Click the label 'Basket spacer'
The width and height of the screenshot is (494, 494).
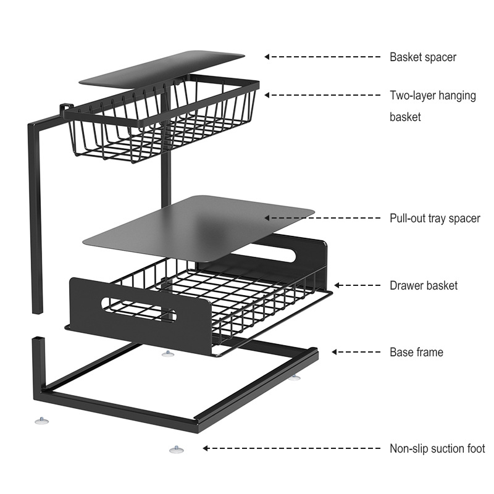(422, 57)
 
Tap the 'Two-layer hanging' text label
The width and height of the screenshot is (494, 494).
(432, 96)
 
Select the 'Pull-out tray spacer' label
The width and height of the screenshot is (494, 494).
(434, 218)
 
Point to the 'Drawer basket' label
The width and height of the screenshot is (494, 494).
(423, 285)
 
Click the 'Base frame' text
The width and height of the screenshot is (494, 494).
(416, 353)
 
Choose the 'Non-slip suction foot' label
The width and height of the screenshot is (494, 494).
(437, 449)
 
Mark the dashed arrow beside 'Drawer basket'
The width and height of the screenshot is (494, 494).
(357, 285)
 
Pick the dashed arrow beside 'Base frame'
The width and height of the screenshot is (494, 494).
(356, 352)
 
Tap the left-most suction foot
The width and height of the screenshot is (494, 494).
(41, 421)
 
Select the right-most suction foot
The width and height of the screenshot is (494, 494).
(295, 376)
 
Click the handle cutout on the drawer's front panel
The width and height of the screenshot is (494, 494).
(138, 308)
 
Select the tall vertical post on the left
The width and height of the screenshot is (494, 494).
(35, 216)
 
